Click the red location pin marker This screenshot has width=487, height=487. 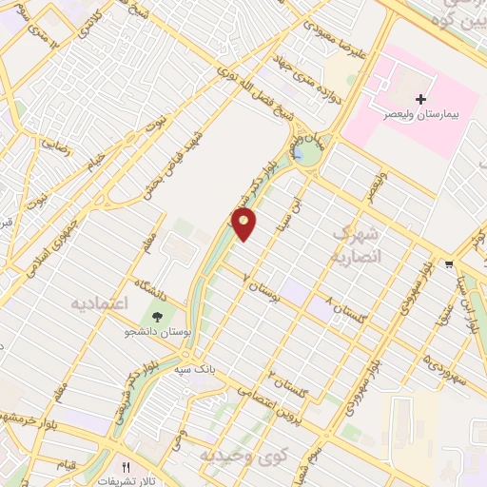click(x=244, y=224)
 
